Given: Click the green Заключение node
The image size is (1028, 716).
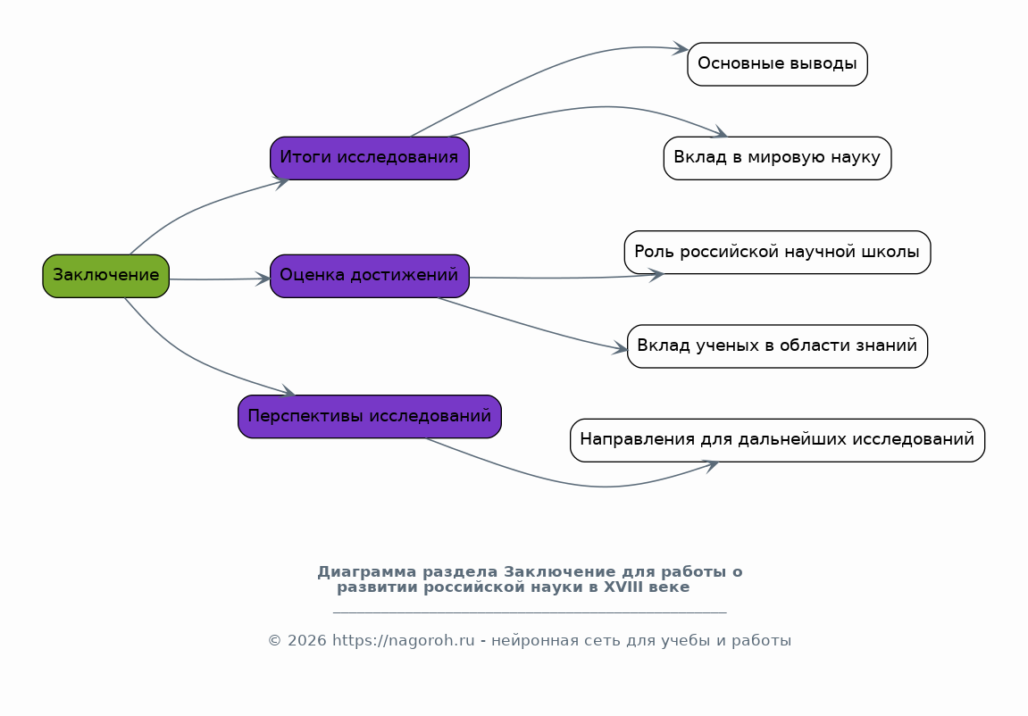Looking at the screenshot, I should (105, 276).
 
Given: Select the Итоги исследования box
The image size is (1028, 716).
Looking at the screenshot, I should (369, 158).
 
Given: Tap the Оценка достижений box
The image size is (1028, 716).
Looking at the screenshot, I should (369, 276).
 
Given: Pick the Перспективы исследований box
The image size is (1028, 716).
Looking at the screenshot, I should (369, 417).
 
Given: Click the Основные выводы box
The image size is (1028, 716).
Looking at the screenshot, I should (777, 64).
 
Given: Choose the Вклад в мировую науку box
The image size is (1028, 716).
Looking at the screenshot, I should (777, 158).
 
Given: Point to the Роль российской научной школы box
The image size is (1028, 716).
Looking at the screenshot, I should (777, 253).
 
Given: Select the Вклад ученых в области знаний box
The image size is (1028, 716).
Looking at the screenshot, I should (777, 346).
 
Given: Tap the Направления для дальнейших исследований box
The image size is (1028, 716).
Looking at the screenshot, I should (777, 440).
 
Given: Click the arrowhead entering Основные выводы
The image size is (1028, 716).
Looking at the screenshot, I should (681, 48).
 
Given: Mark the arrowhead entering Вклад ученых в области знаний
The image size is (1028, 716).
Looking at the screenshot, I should (621, 349).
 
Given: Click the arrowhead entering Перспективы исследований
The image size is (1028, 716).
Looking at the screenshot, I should (288, 392).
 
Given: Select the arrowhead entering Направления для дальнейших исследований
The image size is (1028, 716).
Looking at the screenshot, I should (712, 463).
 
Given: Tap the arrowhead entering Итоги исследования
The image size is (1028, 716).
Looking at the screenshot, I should (282, 182).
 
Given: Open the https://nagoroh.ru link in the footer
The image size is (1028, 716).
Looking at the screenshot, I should (403, 641).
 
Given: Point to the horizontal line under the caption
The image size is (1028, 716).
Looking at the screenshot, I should (529, 613).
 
